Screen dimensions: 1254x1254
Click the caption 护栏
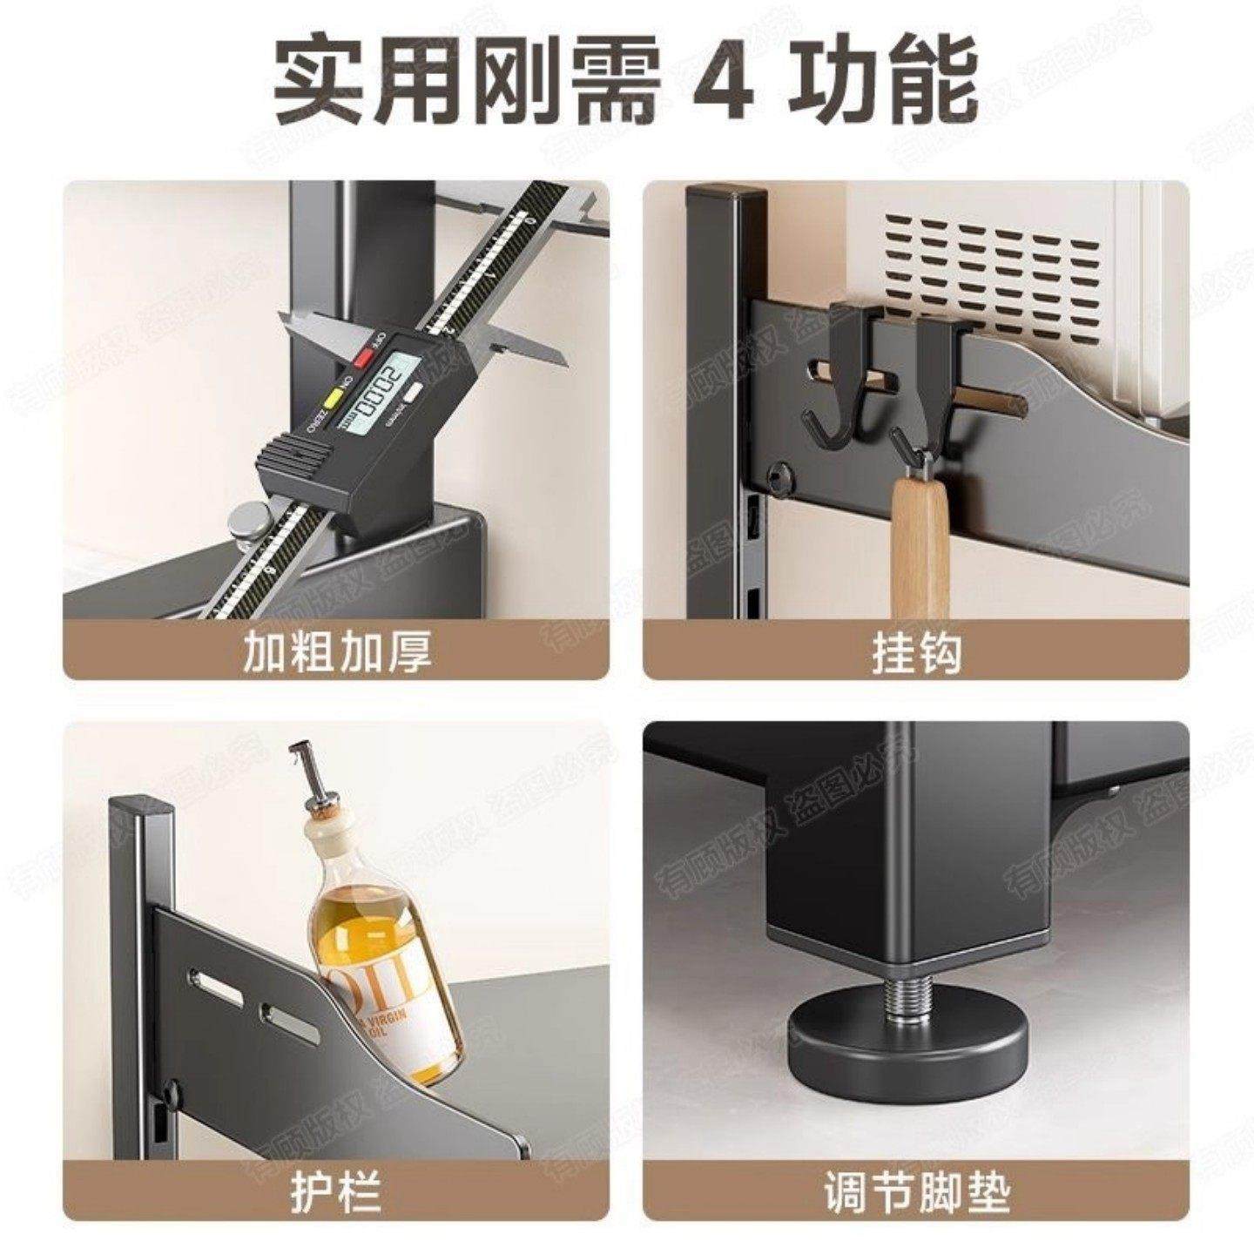click(x=336, y=1193)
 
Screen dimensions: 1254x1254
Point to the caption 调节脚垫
click(x=916, y=1193)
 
